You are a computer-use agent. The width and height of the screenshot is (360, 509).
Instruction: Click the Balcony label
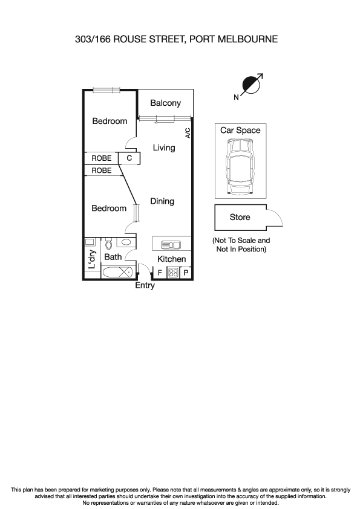(x=165, y=103)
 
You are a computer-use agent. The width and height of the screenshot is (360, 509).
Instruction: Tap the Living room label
(x=163, y=148)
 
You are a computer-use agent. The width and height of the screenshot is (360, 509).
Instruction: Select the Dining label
(x=162, y=201)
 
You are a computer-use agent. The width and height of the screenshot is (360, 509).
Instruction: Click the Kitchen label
(x=171, y=259)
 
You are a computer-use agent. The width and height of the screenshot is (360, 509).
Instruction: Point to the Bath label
(x=113, y=257)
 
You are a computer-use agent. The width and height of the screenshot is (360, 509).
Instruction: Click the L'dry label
(x=92, y=259)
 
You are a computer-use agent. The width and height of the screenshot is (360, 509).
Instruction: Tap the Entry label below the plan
(x=145, y=285)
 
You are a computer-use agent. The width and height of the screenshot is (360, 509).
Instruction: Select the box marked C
(x=129, y=158)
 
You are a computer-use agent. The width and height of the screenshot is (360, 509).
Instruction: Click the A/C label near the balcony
(x=188, y=133)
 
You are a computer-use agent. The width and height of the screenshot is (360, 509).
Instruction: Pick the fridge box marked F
(x=160, y=273)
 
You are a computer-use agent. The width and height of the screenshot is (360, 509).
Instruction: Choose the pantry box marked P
(x=186, y=273)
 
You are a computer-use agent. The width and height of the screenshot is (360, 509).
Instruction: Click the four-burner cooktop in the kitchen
(x=172, y=273)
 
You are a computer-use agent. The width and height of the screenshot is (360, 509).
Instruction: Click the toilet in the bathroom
(x=109, y=244)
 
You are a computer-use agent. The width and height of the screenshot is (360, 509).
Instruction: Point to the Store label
(x=240, y=218)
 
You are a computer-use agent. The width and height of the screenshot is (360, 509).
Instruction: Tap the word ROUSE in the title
(x=129, y=40)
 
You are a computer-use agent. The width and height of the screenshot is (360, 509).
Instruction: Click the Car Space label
(x=240, y=131)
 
